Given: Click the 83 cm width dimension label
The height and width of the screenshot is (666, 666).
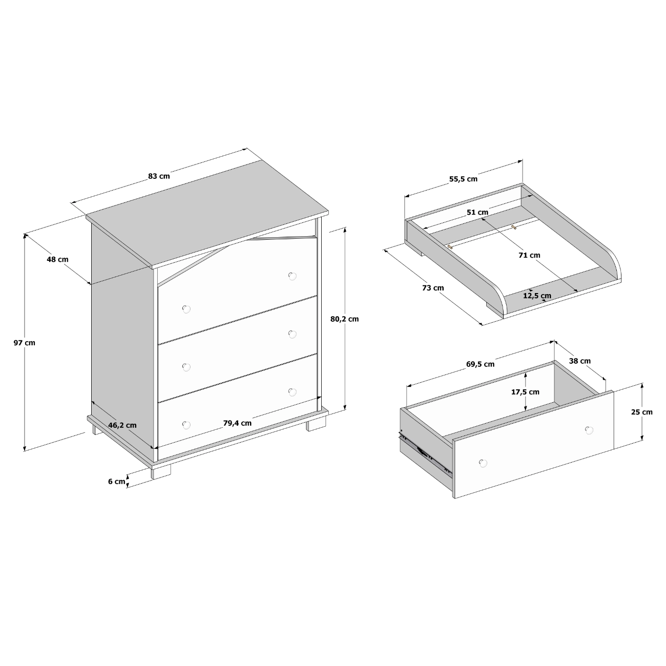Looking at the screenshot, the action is (159, 176).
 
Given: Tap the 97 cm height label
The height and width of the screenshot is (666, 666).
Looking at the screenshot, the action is (24, 343).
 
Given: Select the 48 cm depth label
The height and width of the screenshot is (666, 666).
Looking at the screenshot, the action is (58, 259).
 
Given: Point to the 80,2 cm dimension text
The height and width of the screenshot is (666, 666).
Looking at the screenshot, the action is (345, 319).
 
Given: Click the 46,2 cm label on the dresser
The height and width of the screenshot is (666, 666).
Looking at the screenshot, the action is (122, 425).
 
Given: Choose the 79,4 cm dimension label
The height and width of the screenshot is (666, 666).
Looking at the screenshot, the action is (237, 423).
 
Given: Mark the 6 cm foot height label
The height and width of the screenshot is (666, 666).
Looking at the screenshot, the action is (117, 482).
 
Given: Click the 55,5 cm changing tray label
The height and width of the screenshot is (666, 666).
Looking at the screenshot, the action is (464, 179).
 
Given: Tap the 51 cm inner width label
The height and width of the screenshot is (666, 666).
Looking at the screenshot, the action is (477, 212).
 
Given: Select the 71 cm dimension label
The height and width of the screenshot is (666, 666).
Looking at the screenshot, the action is (530, 255).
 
